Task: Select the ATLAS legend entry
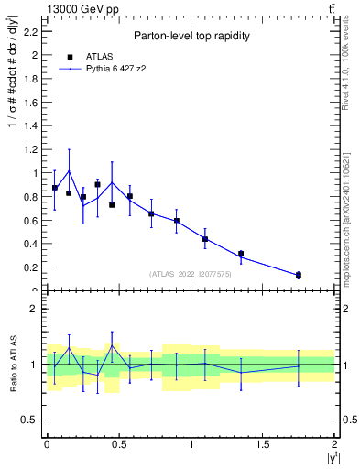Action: click(x=94, y=56)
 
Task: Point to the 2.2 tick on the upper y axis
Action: click(x=35, y=31)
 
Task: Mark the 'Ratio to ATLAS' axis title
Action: click(x=13, y=365)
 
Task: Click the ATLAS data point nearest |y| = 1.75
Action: click(x=299, y=275)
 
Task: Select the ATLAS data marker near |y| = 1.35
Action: click(x=241, y=254)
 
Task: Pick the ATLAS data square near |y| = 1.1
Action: click(x=205, y=239)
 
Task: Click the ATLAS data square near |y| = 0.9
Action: click(x=177, y=221)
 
